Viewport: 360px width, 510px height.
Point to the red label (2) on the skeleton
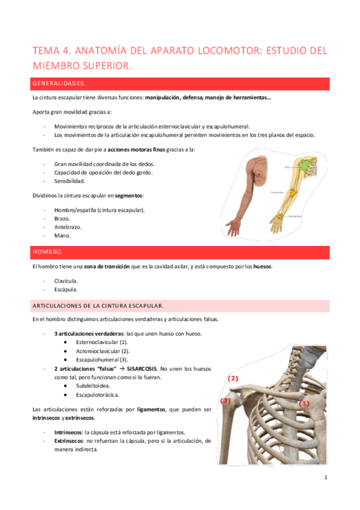pyautogui.click(x=233, y=378)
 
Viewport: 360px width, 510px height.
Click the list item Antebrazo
pyautogui.click(x=67, y=227)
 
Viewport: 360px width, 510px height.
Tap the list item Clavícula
pyautogui.click(x=66, y=280)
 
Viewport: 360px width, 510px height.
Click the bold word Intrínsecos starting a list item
pyautogui.click(x=69, y=432)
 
